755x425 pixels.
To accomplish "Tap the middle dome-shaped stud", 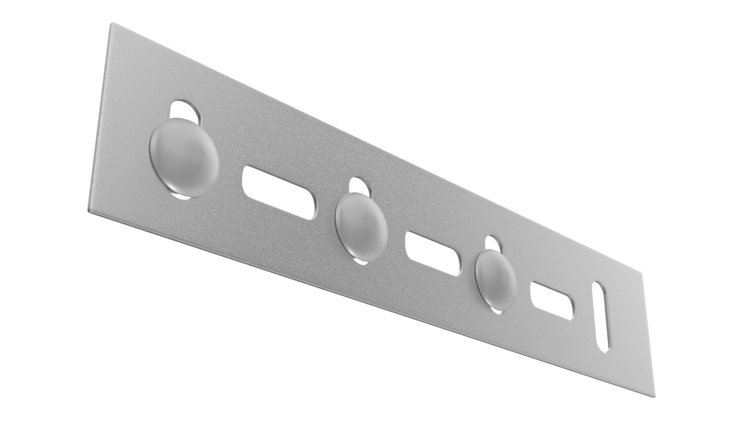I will point(361,227).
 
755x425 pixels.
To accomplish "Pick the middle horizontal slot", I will point(435,252).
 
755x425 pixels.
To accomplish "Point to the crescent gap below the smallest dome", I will point(497,310).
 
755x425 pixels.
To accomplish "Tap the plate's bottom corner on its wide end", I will point(88,211).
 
